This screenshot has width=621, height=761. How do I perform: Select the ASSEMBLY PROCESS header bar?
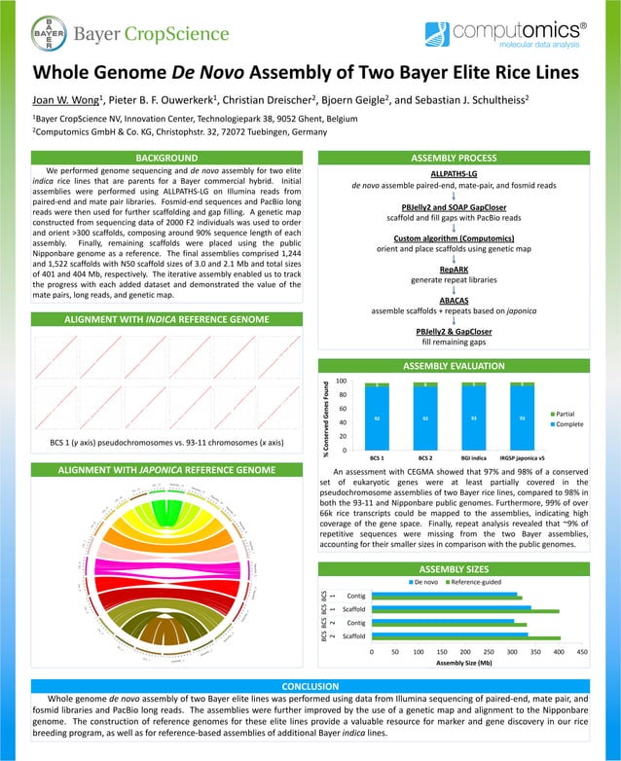click(464, 157)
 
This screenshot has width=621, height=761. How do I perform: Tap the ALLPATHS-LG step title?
click(464, 172)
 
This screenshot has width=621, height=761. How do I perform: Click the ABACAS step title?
click(464, 301)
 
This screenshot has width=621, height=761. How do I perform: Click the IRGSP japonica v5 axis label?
click(522, 456)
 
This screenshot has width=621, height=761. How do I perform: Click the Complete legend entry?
click(569, 425)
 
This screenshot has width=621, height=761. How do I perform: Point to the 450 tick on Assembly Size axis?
click(582, 651)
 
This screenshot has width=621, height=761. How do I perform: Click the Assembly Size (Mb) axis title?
click(464, 662)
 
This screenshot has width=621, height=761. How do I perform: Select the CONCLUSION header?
click(310, 686)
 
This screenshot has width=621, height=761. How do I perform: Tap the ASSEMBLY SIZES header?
click(464, 567)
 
